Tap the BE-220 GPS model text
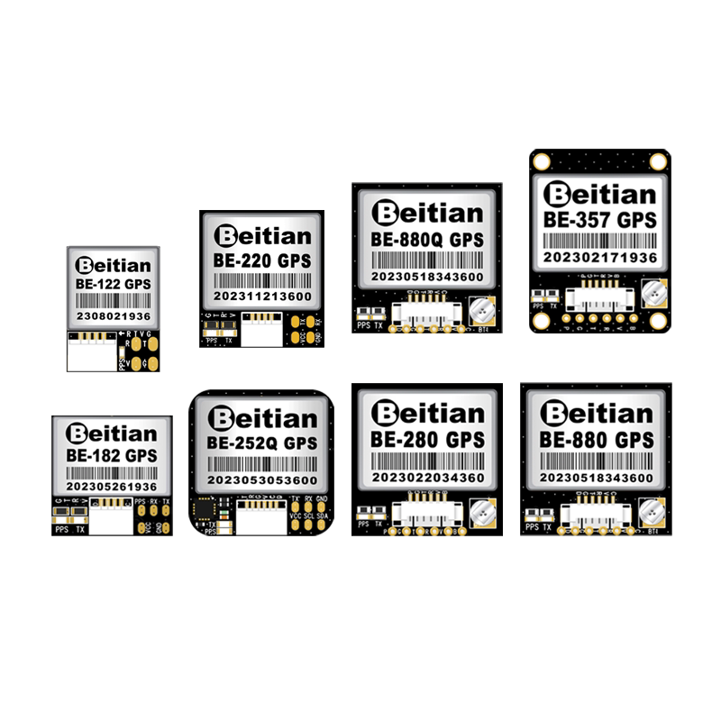(x=261, y=261)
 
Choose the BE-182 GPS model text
(x=112, y=455)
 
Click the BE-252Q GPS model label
(x=261, y=443)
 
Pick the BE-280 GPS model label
(x=426, y=440)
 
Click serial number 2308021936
(x=113, y=318)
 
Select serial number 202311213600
(x=261, y=296)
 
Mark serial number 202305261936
(x=112, y=487)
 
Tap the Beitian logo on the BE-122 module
(x=113, y=264)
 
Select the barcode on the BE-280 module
(x=426, y=459)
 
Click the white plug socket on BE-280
(x=426, y=515)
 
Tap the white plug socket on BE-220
(x=261, y=330)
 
